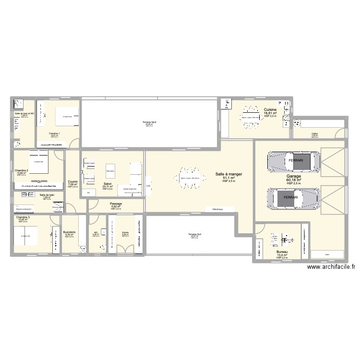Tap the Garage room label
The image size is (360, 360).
[294, 176]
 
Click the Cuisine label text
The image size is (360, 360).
[270, 110]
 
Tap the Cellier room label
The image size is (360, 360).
[314, 134]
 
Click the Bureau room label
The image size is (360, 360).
[282, 252]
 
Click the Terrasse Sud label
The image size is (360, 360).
[194, 234]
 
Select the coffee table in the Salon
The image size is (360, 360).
[110, 171]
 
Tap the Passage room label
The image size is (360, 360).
[116, 204]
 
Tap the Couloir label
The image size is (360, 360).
[73, 182]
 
